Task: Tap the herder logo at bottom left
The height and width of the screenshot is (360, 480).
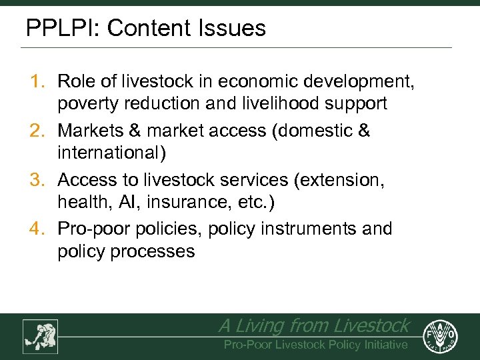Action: pyautogui.click(x=40, y=336)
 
